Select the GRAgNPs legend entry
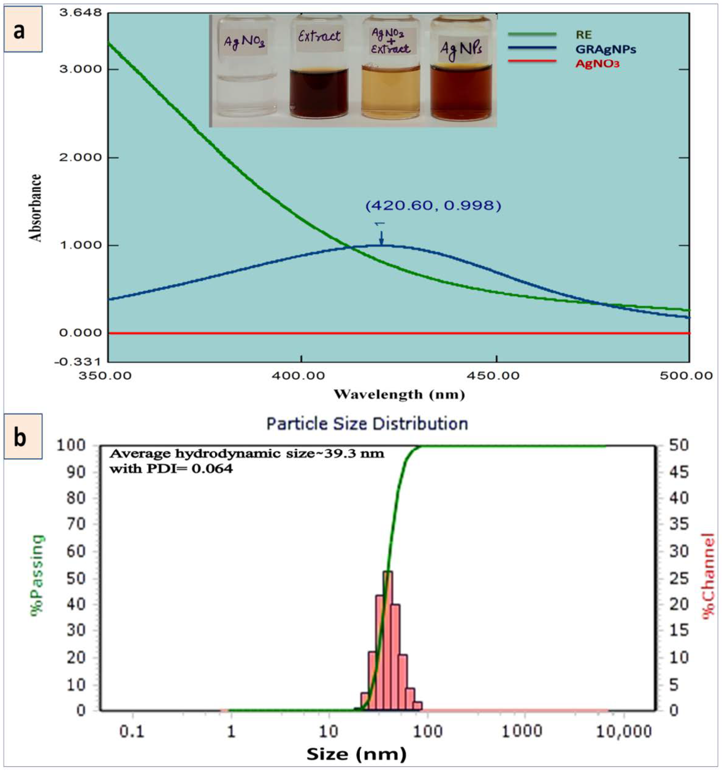pyautogui.click(x=605, y=49)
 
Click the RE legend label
pyautogui.click(x=584, y=35)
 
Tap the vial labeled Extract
pyautogui.click(x=319, y=70)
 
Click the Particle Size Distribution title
pyautogui.click(x=367, y=423)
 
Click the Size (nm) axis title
pyautogui.click(x=356, y=754)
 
